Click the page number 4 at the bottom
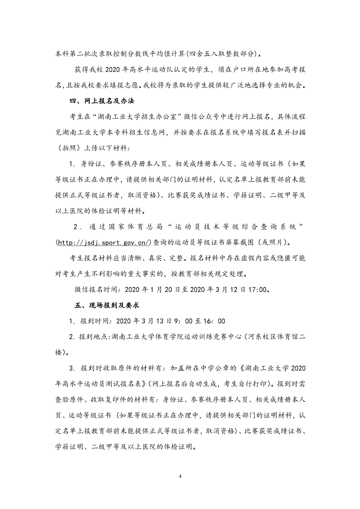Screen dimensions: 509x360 coord(180,476)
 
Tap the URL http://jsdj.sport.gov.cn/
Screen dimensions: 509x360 coord(104,243)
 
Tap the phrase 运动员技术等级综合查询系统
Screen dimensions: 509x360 coord(235,227)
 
